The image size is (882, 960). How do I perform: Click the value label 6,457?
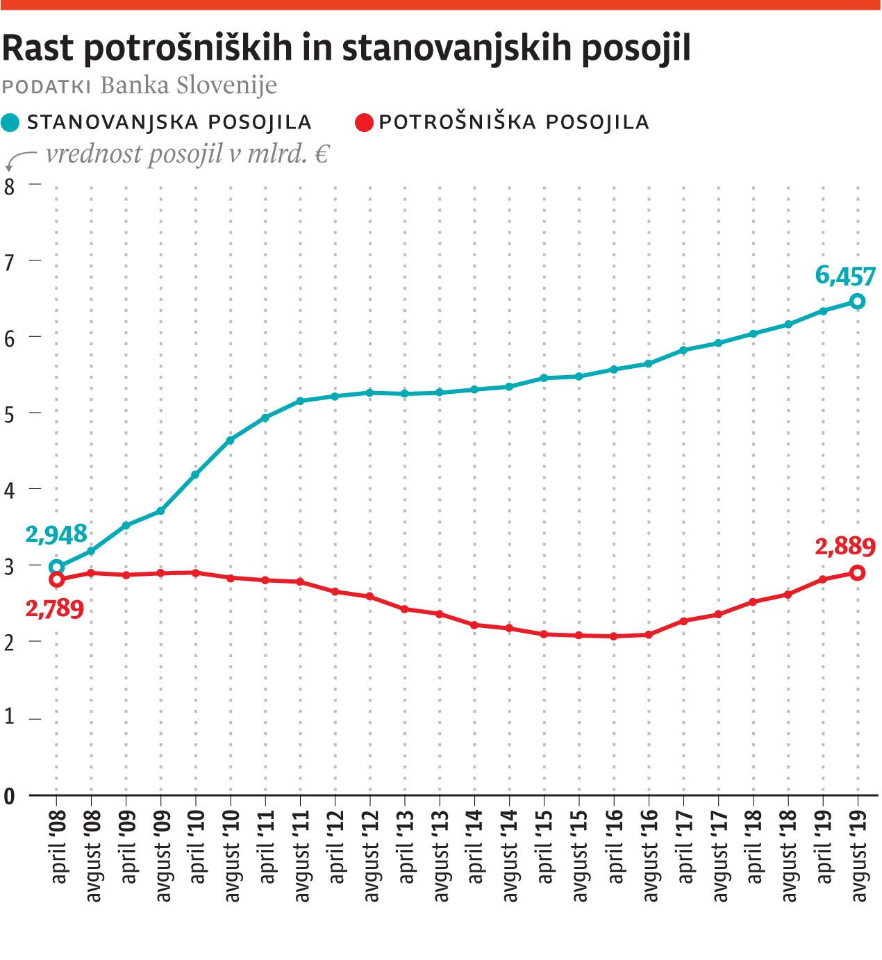pos(844,276)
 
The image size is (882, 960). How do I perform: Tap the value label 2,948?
pos(56,534)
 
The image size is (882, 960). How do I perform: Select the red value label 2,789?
pos(55,609)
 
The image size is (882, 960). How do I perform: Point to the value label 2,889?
pos(844,547)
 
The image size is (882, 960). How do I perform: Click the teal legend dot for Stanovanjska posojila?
pos(10,123)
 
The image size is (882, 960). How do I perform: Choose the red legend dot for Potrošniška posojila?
pos(364,123)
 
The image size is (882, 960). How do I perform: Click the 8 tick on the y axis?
pos(9,185)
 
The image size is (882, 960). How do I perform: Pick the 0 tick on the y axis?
pos(9,796)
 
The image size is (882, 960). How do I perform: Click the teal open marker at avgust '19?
pos(858,301)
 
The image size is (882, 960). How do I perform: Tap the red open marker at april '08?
pos(57,579)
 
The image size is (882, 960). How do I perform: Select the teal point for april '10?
pos(195,475)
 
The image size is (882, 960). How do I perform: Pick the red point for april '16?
pos(614,636)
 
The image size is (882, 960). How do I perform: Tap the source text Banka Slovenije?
pos(188,85)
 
